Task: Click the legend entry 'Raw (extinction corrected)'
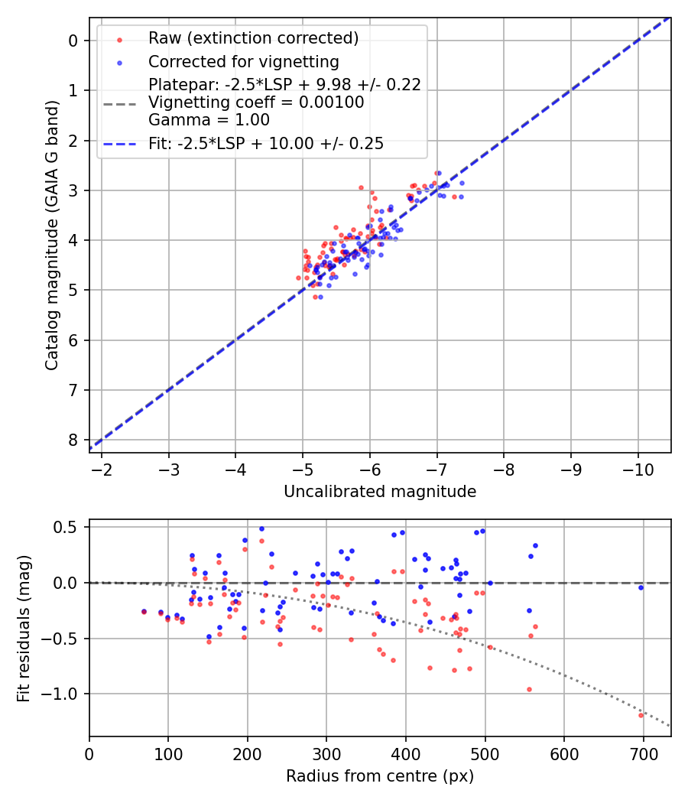click(x=253, y=38)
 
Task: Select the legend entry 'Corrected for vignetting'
click(x=243, y=61)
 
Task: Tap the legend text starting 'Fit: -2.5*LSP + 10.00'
click(x=266, y=143)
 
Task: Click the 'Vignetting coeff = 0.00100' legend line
click(x=256, y=102)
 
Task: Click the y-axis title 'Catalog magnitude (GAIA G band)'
click(x=51, y=234)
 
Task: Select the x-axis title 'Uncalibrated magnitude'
click(x=380, y=492)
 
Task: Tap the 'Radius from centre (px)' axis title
click(x=380, y=776)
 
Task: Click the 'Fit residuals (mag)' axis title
click(x=24, y=627)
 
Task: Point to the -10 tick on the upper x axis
click(x=638, y=468)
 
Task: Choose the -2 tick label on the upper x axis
click(x=102, y=468)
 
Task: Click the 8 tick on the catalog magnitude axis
click(x=73, y=440)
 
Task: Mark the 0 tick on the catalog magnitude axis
click(x=73, y=40)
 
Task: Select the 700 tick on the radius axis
click(x=643, y=753)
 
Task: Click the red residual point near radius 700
click(x=641, y=715)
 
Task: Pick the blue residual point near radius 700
click(x=641, y=587)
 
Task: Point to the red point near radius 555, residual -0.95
click(x=529, y=689)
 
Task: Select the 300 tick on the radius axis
click(x=326, y=753)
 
